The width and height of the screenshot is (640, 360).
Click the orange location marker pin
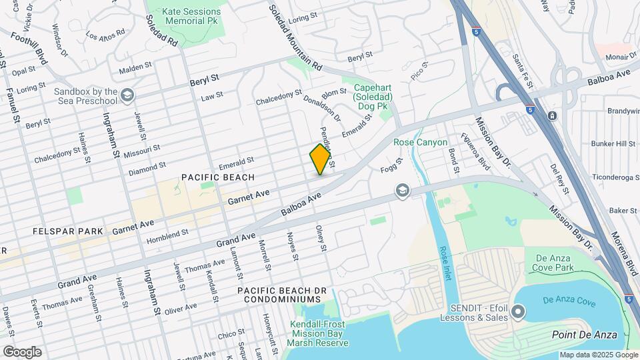pos(321,159)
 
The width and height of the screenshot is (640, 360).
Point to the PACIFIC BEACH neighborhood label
pos(218,177)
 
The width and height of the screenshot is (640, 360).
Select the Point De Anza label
pos(585,334)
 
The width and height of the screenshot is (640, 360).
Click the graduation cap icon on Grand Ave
pos(402,191)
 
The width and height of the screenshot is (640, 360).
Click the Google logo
pos(22,351)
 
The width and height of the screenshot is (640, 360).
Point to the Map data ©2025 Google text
pos(598,355)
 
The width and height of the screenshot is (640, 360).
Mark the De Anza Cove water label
pos(568,301)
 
